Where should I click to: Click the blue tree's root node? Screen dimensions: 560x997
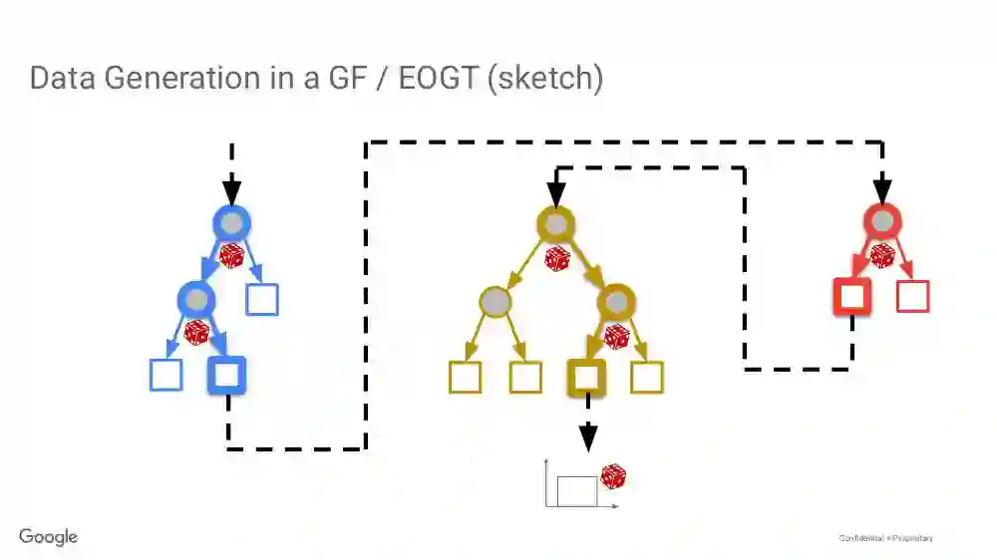click(x=231, y=222)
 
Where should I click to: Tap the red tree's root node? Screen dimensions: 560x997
click(x=881, y=220)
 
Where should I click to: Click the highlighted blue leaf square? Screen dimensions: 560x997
click(x=226, y=375)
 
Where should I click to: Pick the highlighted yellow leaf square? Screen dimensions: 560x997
click(x=586, y=377)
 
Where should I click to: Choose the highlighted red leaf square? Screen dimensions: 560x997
click(x=851, y=297)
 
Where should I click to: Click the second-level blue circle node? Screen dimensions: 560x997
click(x=196, y=298)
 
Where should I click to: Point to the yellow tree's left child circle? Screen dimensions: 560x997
click(x=496, y=300)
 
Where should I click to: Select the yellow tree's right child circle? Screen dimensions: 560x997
click(x=616, y=300)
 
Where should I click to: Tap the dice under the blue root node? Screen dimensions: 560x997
click(x=231, y=256)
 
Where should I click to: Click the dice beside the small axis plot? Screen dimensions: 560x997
click(x=613, y=477)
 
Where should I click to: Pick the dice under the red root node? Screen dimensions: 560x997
click(x=882, y=255)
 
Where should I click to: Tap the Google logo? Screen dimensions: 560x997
click(x=48, y=537)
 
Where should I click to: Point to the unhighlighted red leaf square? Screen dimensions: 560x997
click(x=913, y=297)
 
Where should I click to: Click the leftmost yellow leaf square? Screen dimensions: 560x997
click(x=466, y=377)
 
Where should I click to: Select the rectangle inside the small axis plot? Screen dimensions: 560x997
click(x=576, y=490)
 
